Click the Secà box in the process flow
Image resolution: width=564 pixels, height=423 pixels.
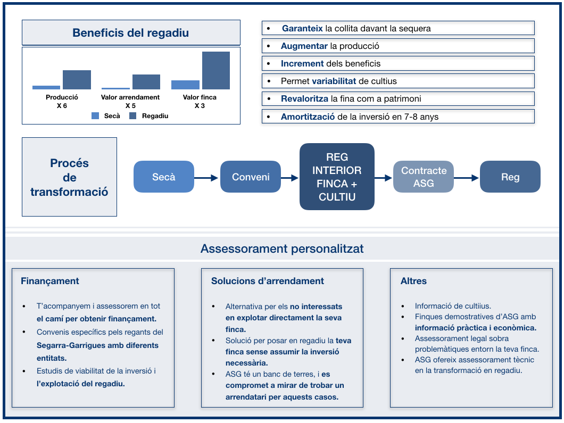click(164, 177)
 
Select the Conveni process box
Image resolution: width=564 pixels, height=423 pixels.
click(251, 177)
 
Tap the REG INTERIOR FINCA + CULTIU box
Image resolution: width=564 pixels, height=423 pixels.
click(337, 177)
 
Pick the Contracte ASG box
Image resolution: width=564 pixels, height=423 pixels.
click(424, 177)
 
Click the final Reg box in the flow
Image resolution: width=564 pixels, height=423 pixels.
click(510, 177)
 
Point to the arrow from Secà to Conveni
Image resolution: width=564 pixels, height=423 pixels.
click(206, 178)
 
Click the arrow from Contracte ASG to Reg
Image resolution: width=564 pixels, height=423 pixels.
click(466, 178)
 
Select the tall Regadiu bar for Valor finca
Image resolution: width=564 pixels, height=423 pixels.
click(216, 70)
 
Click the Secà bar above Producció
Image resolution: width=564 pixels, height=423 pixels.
click(46, 87)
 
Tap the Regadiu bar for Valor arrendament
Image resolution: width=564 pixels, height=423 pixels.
click(146, 82)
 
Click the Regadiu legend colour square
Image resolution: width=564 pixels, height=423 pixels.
click(132, 116)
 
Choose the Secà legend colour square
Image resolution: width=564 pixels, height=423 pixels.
click(95, 116)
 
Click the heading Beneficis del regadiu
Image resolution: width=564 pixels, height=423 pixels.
click(130, 33)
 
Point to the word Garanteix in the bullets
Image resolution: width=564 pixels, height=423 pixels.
click(302, 28)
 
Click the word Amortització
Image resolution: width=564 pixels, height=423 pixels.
click(308, 117)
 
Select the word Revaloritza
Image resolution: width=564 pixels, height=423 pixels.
click(305, 98)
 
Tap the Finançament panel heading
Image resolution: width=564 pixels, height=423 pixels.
click(50, 281)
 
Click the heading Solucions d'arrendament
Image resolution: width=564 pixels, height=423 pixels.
click(268, 281)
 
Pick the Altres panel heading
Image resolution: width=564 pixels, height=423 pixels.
click(413, 281)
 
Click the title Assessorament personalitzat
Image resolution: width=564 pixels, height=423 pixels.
click(282, 248)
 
